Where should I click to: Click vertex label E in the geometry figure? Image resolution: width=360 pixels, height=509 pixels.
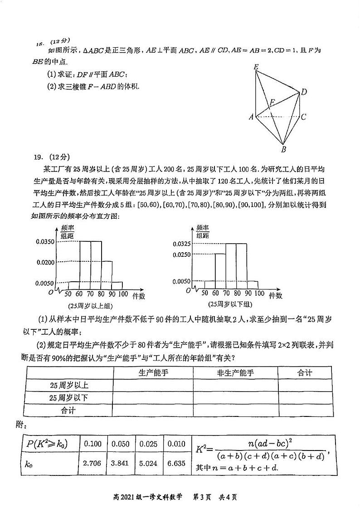point(256,67)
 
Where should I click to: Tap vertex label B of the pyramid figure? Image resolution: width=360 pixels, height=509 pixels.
point(283,149)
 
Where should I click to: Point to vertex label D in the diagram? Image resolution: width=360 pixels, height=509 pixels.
point(304,92)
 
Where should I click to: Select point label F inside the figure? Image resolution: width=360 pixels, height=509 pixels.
point(272,103)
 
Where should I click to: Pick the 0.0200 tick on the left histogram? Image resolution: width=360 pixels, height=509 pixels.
point(45,262)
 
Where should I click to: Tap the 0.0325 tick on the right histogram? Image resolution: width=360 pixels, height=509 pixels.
point(181,244)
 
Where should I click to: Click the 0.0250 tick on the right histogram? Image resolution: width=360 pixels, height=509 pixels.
point(181,254)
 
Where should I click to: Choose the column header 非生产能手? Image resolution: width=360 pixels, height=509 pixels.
point(235,373)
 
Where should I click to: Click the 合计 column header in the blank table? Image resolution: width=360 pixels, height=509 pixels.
point(305,373)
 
